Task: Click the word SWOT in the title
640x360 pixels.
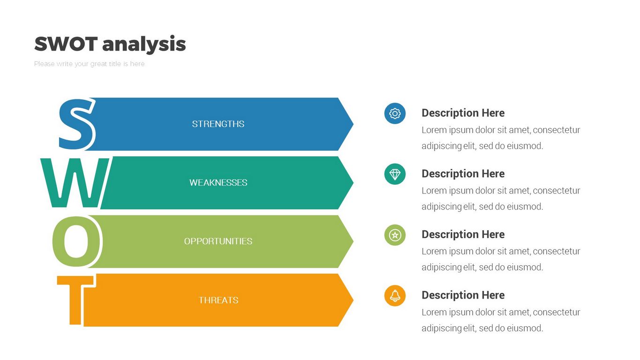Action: (x=66, y=44)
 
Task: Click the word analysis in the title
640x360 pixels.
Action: (x=144, y=45)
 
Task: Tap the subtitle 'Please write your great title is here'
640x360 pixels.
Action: (x=89, y=64)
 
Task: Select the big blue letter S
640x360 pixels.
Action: (x=76, y=124)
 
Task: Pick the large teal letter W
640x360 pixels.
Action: (x=75, y=182)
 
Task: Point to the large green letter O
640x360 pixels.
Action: (x=76, y=241)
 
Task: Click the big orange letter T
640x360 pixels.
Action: (x=75, y=300)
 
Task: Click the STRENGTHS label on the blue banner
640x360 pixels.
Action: (x=218, y=124)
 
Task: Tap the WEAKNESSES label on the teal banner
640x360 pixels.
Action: (x=218, y=182)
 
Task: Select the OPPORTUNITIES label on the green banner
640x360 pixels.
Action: (x=218, y=241)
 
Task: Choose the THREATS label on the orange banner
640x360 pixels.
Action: (x=218, y=300)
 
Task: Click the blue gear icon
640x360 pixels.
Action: (x=395, y=113)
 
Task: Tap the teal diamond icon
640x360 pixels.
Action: (x=395, y=174)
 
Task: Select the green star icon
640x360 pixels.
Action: (x=395, y=235)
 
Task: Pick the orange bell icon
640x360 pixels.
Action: (x=395, y=296)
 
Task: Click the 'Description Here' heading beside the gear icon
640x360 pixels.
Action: (x=463, y=113)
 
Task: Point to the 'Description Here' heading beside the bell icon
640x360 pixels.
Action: (x=463, y=295)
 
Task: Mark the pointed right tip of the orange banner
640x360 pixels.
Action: (x=354, y=300)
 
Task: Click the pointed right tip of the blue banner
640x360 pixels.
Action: (x=354, y=124)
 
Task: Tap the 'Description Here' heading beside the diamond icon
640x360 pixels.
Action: (x=463, y=174)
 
